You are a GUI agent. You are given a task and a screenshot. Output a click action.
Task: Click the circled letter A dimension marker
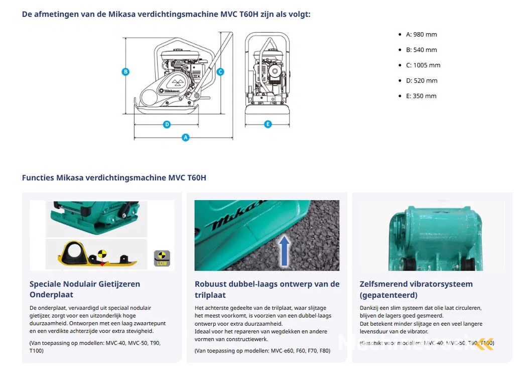[x=186, y=137]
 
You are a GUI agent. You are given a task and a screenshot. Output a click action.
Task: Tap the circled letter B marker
[x=125, y=72]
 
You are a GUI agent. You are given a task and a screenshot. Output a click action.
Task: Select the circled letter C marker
[x=220, y=72]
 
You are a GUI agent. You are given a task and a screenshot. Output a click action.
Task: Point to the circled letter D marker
[x=167, y=124]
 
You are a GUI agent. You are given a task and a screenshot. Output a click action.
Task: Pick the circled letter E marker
[x=268, y=124]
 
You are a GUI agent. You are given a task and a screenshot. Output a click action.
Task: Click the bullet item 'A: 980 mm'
[x=421, y=35]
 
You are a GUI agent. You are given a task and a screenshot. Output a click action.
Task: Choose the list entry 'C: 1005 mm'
[x=423, y=65]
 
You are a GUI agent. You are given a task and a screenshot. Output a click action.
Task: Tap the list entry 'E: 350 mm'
[x=421, y=96]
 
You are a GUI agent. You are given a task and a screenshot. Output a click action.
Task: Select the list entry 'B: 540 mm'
[x=421, y=50]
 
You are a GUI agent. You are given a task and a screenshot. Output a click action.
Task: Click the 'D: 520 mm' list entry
[x=421, y=80]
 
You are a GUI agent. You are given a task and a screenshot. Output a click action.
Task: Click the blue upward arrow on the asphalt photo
[x=285, y=250]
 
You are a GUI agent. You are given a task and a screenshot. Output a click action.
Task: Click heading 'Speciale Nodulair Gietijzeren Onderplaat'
[x=84, y=289]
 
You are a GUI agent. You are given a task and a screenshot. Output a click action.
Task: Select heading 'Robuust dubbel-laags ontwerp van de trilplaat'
[x=267, y=289]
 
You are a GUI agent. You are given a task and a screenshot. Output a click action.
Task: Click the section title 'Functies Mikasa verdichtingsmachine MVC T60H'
[x=114, y=177]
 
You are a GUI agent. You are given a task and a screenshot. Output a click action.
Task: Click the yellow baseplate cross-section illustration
[x=95, y=255]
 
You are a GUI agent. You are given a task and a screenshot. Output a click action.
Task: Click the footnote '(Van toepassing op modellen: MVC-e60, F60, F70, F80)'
[x=263, y=350]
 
